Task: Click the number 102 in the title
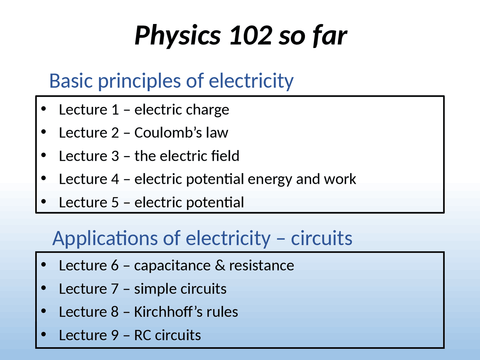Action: coord(250,35)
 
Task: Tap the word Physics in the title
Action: coord(177,36)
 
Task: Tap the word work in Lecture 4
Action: coord(340,179)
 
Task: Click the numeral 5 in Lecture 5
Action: coord(115,202)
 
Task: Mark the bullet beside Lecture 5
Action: coord(44,202)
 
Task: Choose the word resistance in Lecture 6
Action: coord(261,265)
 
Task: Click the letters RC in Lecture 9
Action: coord(142,335)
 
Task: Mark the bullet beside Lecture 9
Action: coord(44,334)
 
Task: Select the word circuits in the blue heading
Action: coord(321,238)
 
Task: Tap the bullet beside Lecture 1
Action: coord(44,109)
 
